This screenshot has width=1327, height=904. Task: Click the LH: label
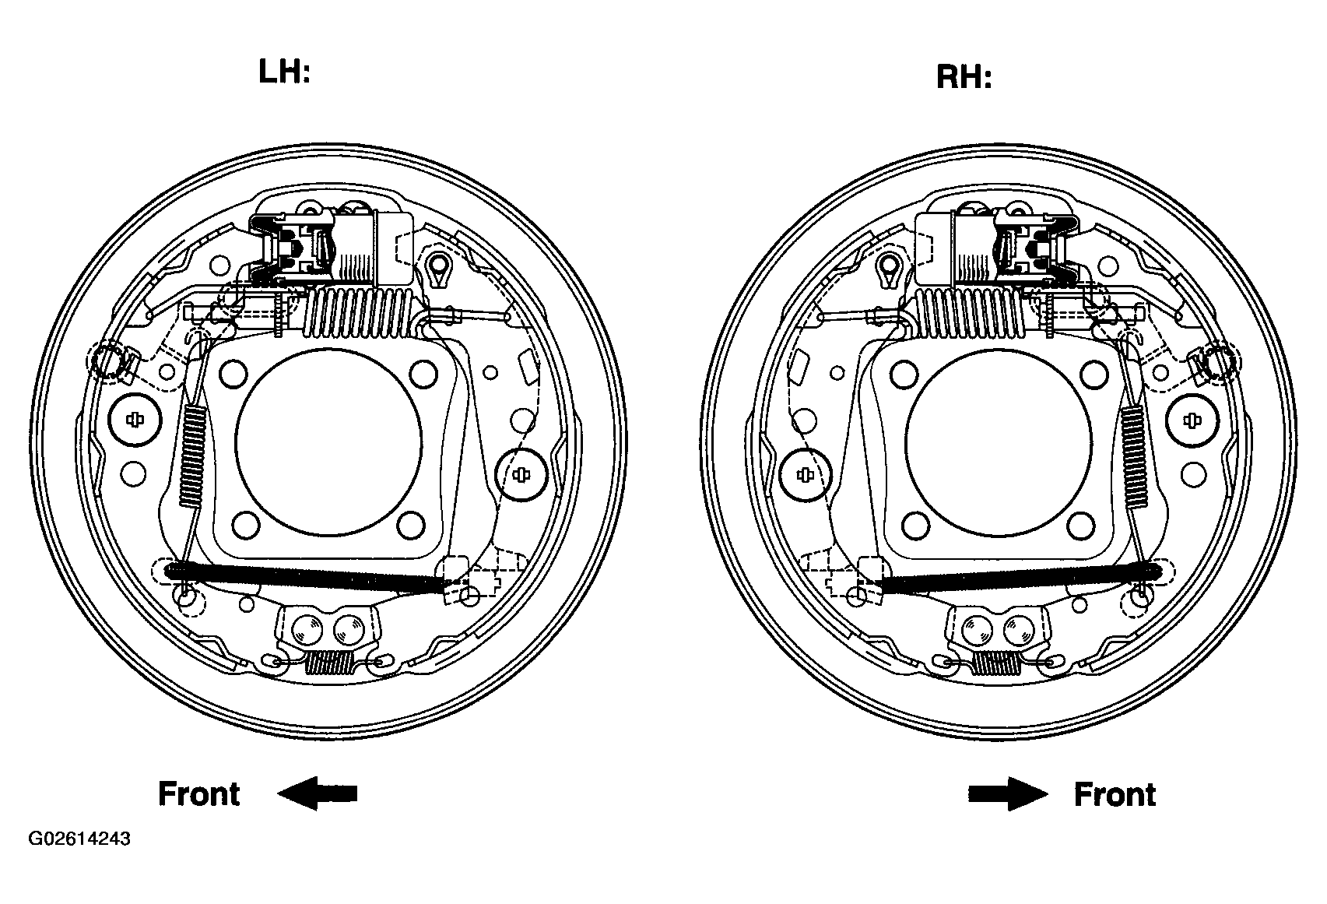285,72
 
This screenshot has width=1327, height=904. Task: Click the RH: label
964,77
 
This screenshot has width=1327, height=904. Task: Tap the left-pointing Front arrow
318,793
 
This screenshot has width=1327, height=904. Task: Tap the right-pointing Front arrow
1008,793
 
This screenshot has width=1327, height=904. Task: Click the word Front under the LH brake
199,793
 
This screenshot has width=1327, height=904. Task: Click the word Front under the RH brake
1115,794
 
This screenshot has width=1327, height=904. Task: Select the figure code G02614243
79,839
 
